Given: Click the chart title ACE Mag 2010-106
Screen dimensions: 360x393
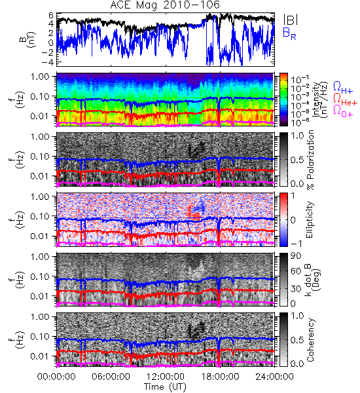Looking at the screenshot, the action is point(165,5).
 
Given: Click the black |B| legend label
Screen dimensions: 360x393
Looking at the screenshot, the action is point(291,20).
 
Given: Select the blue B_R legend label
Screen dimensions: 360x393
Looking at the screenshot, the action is point(289,34).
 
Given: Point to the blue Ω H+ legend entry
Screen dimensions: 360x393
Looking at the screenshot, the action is point(343,88).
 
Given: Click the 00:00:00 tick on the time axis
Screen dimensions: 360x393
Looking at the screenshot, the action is point(56,377).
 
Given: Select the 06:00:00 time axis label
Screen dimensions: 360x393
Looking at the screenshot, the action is point(111,377).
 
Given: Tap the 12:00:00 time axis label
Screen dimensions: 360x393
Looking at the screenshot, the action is point(166,377).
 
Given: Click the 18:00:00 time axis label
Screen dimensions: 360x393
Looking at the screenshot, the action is point(220,377).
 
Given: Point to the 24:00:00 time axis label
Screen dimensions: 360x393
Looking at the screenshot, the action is point(274,377).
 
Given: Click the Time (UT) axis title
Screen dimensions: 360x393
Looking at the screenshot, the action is point(165,386).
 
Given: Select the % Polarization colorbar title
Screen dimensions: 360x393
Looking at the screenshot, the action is point(311,160).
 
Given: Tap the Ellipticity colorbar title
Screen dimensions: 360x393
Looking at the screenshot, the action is point(310,219).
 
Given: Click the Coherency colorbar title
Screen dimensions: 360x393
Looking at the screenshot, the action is point(310,340).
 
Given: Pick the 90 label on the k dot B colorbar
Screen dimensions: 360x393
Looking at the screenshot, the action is point(297,256).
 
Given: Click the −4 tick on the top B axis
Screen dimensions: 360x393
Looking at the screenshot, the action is point(48,62).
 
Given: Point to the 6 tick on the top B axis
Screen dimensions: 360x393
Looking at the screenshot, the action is point(51,16).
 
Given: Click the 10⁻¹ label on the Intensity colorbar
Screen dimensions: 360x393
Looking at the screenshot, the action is point(298,80).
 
